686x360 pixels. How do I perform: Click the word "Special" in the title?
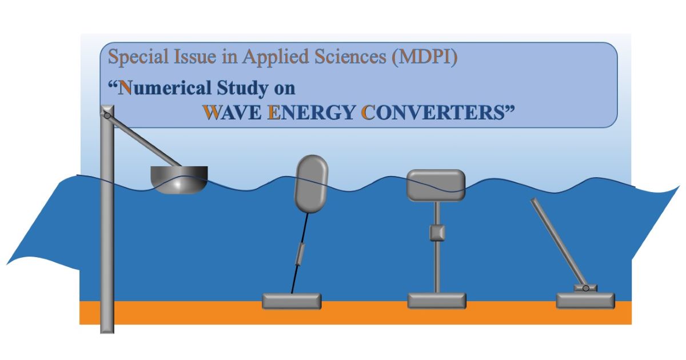click(x=138, y=57)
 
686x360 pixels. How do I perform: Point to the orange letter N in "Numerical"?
click(x=125, y=88)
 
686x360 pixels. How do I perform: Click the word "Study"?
click(x=242, y=88)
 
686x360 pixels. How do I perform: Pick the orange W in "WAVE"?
click(x=212, y=112)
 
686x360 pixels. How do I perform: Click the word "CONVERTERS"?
click(x=433, y=113)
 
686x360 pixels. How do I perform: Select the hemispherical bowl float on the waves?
click(x=179, y=179)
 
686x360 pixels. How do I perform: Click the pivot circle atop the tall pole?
click(x=107, y=115)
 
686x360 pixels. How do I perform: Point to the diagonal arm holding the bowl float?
click(x=144, y=141)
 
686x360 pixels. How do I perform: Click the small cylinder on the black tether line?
click(x=300, y=254)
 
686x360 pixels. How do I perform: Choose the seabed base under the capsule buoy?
click(x=292, y=301)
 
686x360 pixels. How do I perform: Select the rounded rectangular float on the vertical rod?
click(x=436, y=185)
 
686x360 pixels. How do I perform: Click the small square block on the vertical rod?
click(x=437, y=233)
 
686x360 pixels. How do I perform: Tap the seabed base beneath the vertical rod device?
click(x=437, y=301)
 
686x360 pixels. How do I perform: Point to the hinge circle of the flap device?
click(x=585, y=289)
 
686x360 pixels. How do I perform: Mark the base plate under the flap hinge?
click(x=585, y=301)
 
